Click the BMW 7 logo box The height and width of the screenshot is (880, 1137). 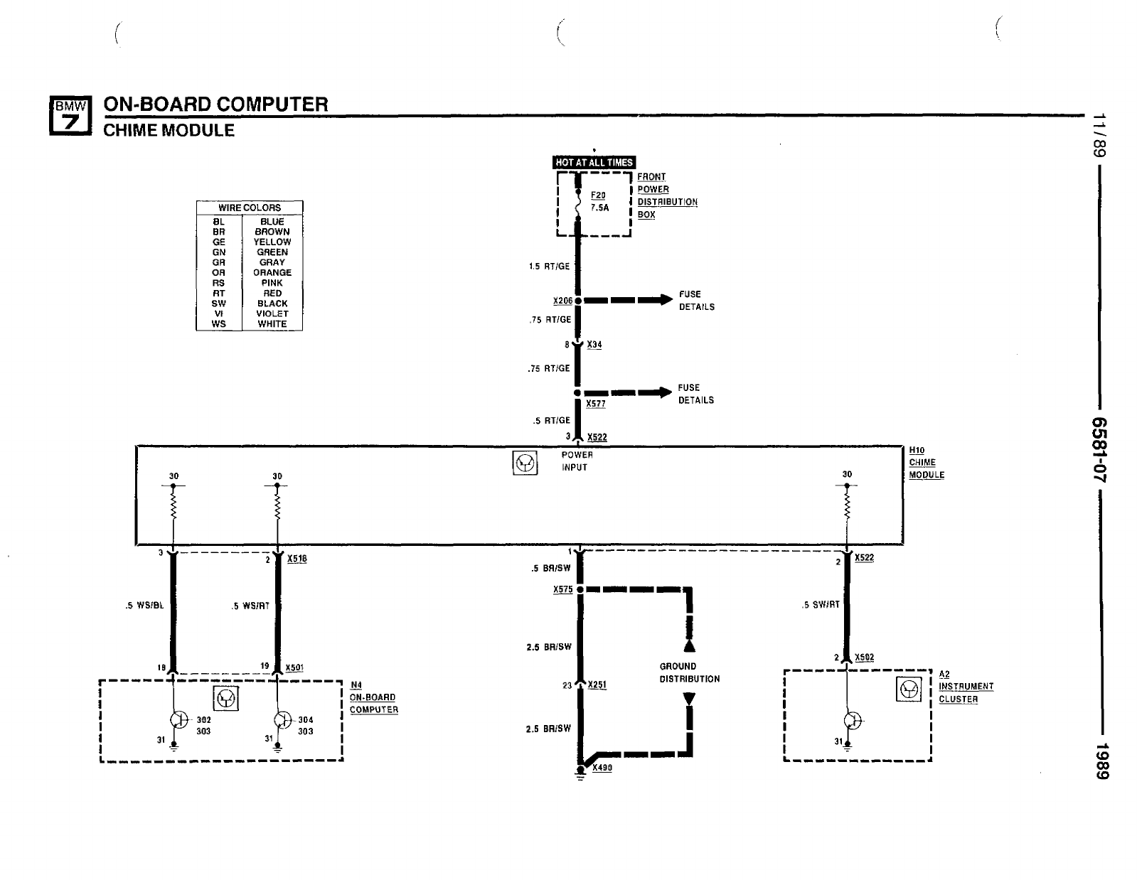coord(70,116)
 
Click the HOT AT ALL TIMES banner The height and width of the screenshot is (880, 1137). coord(594,163)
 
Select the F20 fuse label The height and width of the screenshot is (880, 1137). coord(598,195)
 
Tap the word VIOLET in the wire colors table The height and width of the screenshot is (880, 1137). coord(272,313)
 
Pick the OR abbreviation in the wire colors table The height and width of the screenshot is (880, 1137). coord(219,272)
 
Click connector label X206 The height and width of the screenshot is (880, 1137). coord(562,301)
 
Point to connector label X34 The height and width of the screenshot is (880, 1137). coord(594,345)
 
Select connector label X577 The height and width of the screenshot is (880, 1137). coord(596,404)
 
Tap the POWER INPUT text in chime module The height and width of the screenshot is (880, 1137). coord(577,461)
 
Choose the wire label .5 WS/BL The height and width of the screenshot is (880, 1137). coord(144,606)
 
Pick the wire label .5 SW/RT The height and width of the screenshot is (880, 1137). coord(821,604)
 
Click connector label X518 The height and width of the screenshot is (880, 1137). coord(297,559)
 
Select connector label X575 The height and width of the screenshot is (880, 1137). coord(563,590)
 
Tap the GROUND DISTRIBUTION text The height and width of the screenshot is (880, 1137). coord(690,672)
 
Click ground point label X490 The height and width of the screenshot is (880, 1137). coord(602,768)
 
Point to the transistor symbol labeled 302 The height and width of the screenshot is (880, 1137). coord(179,720)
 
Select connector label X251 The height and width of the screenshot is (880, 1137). coord(597,685)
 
